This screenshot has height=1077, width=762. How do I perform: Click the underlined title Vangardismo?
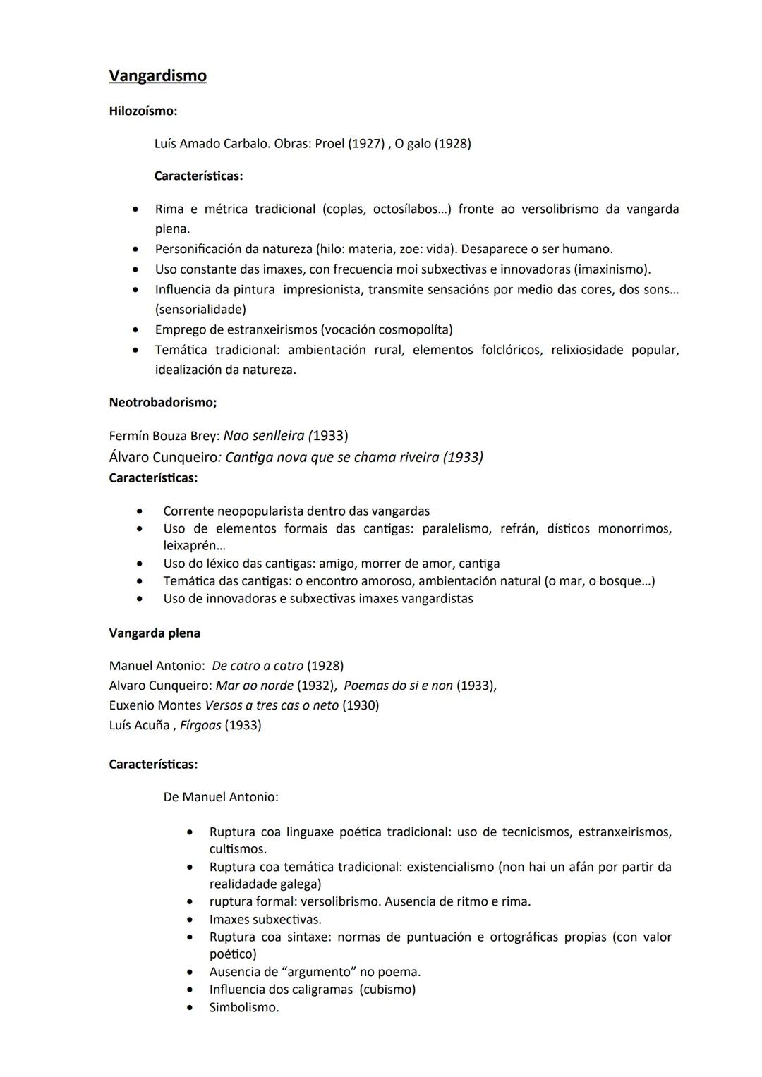pyautogui.click(x=157, y=76)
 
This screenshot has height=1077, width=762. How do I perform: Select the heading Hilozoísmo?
pyautogui.click(x=143, y=111)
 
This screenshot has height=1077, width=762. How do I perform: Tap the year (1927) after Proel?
pyautogui.click(x=359, y=144)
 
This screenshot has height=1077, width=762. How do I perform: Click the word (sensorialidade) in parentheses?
pyautogui.click(x=200, y=310)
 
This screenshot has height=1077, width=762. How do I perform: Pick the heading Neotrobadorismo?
pyautogui.click(x=162, y=403)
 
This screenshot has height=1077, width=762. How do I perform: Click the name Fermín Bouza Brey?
pyautogui.click(x=164, y=437)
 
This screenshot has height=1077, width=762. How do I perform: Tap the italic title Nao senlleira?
pyautogui.click(x=264, y=436)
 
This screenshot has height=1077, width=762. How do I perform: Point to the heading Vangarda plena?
pyautogui.click(x=155, y=633)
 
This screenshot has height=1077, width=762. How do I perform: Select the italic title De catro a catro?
pyautogui.click(x=258, y=666)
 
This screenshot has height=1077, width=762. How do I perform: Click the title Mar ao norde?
pyautogui.click(x=254, y=686)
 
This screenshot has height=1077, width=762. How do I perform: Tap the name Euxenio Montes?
pyautogui.click(x=155, y=705)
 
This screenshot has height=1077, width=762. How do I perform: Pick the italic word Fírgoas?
pyautogui.click(x=200, y=725)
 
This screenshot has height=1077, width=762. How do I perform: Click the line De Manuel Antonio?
pyautogui.click(x=220, y=797)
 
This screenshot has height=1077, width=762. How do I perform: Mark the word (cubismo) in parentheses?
pyautogui.click(x=387, y=990)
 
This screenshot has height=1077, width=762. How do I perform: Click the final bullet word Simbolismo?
pyautogui.click(x=243, y=1008)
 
